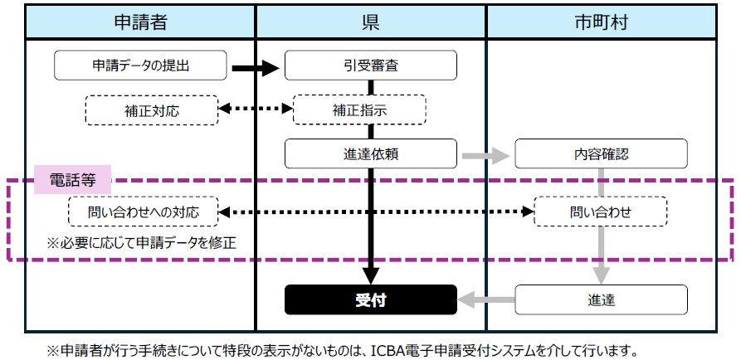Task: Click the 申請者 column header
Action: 140,22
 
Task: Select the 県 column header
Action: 370,22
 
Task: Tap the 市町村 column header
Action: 602,22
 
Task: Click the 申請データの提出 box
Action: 140,66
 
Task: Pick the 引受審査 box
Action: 370,66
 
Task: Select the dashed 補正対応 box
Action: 152,110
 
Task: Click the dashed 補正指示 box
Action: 359,110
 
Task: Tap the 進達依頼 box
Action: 370,153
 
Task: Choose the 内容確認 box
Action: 601,153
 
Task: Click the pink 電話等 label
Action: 73,179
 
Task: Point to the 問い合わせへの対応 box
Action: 144,212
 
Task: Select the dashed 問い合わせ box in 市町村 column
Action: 601,212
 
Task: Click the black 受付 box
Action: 370,299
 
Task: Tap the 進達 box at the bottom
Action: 601,299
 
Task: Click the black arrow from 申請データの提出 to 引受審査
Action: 256,69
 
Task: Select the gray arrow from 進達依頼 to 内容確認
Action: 485,155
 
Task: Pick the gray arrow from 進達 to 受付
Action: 486,299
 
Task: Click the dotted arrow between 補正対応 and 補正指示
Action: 256,109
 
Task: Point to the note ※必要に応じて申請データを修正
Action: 141,243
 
